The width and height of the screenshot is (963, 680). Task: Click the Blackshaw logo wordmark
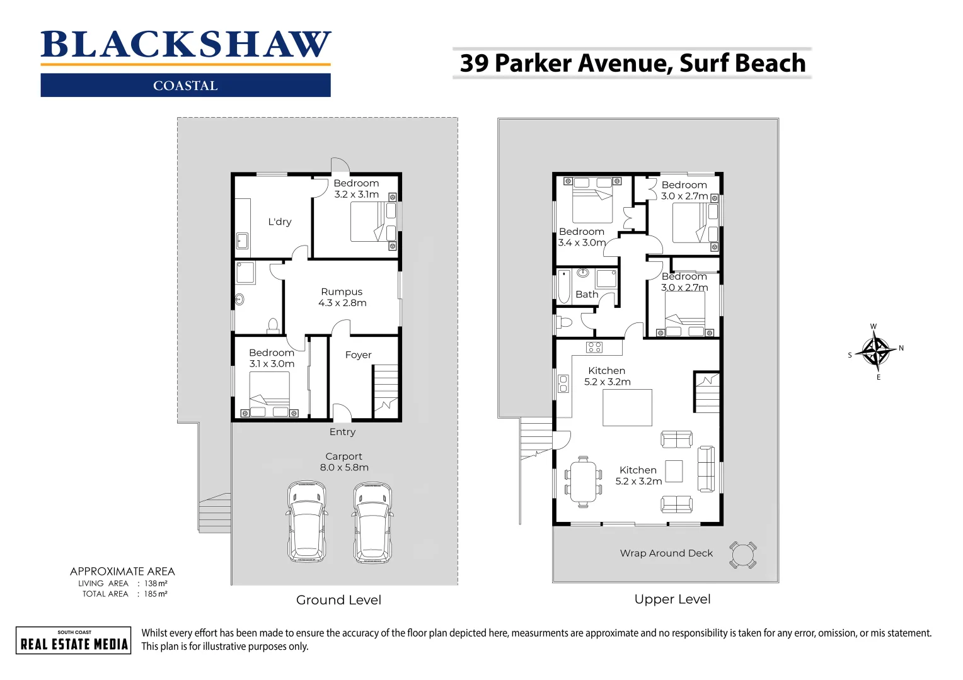(185, 45)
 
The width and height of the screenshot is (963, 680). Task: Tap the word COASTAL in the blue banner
(185, 86)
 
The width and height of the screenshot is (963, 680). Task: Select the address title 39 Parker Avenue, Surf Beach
(632, 64)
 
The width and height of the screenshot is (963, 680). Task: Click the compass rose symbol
(875, 351)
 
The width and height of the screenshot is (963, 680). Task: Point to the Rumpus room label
(342, 292)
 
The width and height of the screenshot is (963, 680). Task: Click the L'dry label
(280, 222)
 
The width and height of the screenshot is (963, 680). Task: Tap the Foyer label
(358, 355)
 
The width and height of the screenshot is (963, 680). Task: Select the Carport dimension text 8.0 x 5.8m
(344, 467)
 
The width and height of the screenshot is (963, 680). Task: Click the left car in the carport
(307, 522)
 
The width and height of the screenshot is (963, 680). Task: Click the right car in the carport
(372, 522)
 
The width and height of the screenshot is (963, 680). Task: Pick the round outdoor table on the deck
(743, 555)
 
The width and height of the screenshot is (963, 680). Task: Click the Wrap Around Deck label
(666, 553)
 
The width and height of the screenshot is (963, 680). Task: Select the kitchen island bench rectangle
(627, 408)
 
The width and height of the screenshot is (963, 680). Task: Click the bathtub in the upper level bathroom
(564, 287)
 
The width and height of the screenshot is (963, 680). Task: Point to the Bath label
(587, 295)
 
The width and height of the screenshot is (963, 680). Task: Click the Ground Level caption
(338, 600)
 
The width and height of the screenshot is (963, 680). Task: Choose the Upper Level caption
(672, 599)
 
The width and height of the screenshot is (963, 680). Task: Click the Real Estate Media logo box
(74, 640)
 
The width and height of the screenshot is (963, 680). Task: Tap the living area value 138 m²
(156, 584)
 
